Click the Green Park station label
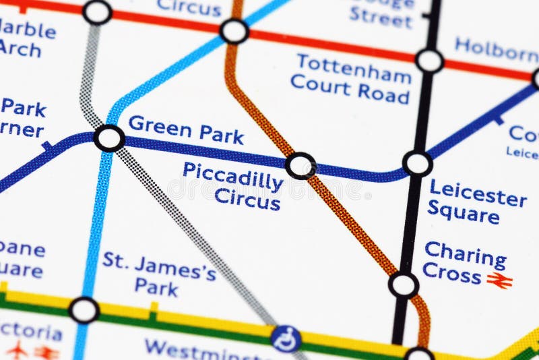[185, 129]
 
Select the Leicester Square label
[477, 202]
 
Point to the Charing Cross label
[464, 263]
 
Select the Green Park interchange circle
[109, 138]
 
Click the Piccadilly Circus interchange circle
[300, 165]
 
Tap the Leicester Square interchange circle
[417, 164]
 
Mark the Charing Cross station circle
[404, 284]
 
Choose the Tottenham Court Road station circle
[429, 61]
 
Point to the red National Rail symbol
[500, 280]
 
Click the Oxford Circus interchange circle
[234, 31]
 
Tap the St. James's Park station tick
[154, 308]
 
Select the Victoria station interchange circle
[84, 310]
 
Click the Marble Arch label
[27, 39]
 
